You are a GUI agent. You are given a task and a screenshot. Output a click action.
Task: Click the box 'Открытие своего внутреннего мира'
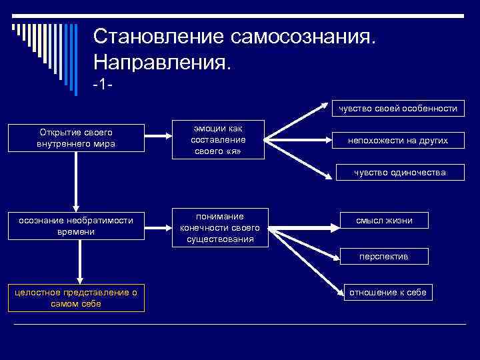pyautogui.click(x=75, y=138)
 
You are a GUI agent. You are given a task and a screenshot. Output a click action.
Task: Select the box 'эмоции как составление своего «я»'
pyautogui.click(x=218, y=140)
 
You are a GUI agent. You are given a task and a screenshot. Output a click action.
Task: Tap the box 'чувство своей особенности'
pyautogui.click(x=397, y=108)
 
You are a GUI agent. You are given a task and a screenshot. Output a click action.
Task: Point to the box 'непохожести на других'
pyautogui.click(x=397, y=140)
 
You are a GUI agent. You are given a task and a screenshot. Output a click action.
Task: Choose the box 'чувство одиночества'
pyautogui.click(x=400, y=173)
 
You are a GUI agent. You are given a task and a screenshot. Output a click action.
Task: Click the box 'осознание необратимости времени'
pyautogui.click(x=75, y=226)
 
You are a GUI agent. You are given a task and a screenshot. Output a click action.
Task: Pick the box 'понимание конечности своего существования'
pyautogui.click(x=220, y=228)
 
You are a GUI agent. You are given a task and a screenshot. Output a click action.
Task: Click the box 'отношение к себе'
pyautogui.click(x=388, y=291)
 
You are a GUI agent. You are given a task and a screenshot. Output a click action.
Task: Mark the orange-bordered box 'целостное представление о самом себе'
pyautogui.click(x=76, y=298)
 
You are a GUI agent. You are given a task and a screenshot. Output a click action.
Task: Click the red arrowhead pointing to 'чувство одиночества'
pyautogui.click(x=326, y=176)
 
